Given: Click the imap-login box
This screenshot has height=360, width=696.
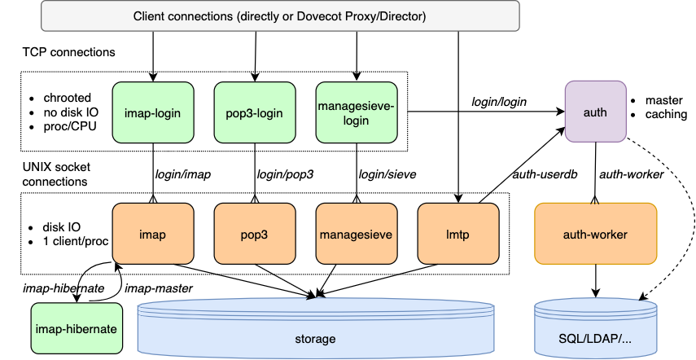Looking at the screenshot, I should [153, 112].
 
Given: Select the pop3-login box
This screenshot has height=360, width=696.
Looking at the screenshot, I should [255, 112].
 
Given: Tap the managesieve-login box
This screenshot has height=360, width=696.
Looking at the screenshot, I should [356, 112].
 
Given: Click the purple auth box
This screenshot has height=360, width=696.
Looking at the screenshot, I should [595, 112].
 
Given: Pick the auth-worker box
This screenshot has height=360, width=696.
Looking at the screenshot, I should [595, 234].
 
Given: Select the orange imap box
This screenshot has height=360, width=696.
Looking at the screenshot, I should [153, 234].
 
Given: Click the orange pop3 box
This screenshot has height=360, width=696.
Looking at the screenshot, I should [255, 234].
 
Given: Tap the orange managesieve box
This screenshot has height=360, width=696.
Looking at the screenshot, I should [356, 234].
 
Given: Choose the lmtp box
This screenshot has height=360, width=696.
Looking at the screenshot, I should [457, 234].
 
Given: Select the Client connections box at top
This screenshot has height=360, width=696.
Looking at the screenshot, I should [278, 16].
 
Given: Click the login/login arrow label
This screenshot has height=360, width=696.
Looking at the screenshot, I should [499, 102].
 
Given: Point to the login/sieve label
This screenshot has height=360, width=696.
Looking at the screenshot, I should [387, 173].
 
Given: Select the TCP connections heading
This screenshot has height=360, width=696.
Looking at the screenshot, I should [68, 52].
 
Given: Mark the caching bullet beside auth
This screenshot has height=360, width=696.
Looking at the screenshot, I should [666, 114].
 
